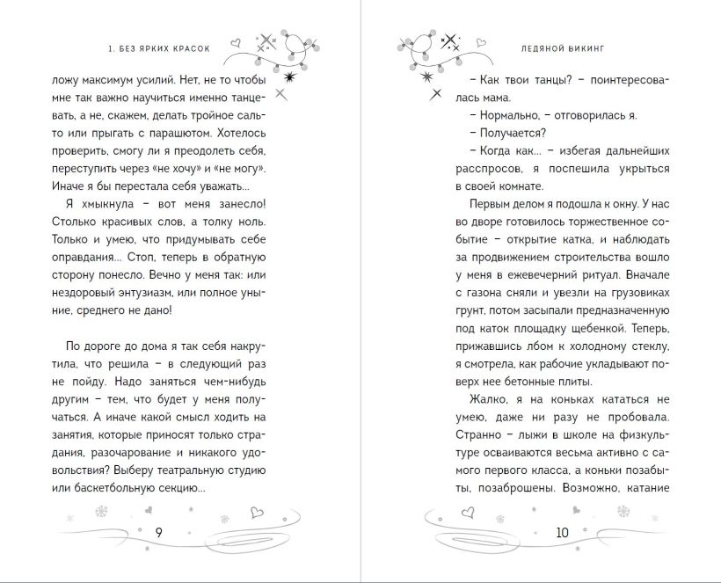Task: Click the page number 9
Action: (x=158, y=532)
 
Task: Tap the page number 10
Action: (x=563, y=532)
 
